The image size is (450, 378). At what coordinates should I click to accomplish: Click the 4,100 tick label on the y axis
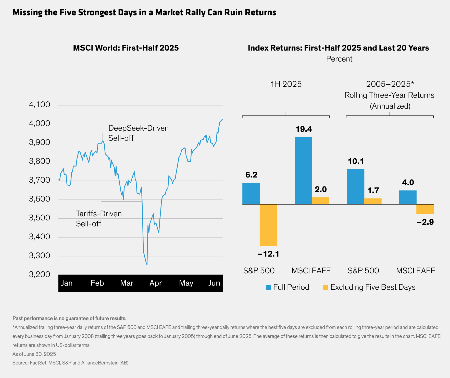[40, 104]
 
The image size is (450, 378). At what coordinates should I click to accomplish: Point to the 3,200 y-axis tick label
[40, 274]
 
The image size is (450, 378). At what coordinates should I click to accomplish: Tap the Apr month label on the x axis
[156, 283]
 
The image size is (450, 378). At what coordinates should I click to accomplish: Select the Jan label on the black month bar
[67, 283]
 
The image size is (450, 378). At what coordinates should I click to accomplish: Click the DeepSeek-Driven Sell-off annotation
[138, 133]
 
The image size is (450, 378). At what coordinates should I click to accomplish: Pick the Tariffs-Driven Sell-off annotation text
[99, 218]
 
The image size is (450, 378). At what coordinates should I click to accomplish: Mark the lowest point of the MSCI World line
[147, 265]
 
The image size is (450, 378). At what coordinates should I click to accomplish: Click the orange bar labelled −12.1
[268, 225]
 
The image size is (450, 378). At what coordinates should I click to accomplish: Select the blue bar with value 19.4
[303, 171]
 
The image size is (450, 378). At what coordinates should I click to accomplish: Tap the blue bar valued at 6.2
[251, 193]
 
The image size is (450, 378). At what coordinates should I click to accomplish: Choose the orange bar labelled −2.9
[425, 209]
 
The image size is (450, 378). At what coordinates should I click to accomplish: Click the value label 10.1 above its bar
[356, 161]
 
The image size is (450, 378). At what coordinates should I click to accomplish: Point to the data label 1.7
[373, 190]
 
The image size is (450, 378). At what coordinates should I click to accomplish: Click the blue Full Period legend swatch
[268, 287]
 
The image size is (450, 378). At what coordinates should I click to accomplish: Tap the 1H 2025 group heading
[286, 84]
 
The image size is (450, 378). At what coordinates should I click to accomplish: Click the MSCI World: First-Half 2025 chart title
[126, 48]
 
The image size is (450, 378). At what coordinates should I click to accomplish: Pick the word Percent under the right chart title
[339, 59]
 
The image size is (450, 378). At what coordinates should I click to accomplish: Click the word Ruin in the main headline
[234, 12]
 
